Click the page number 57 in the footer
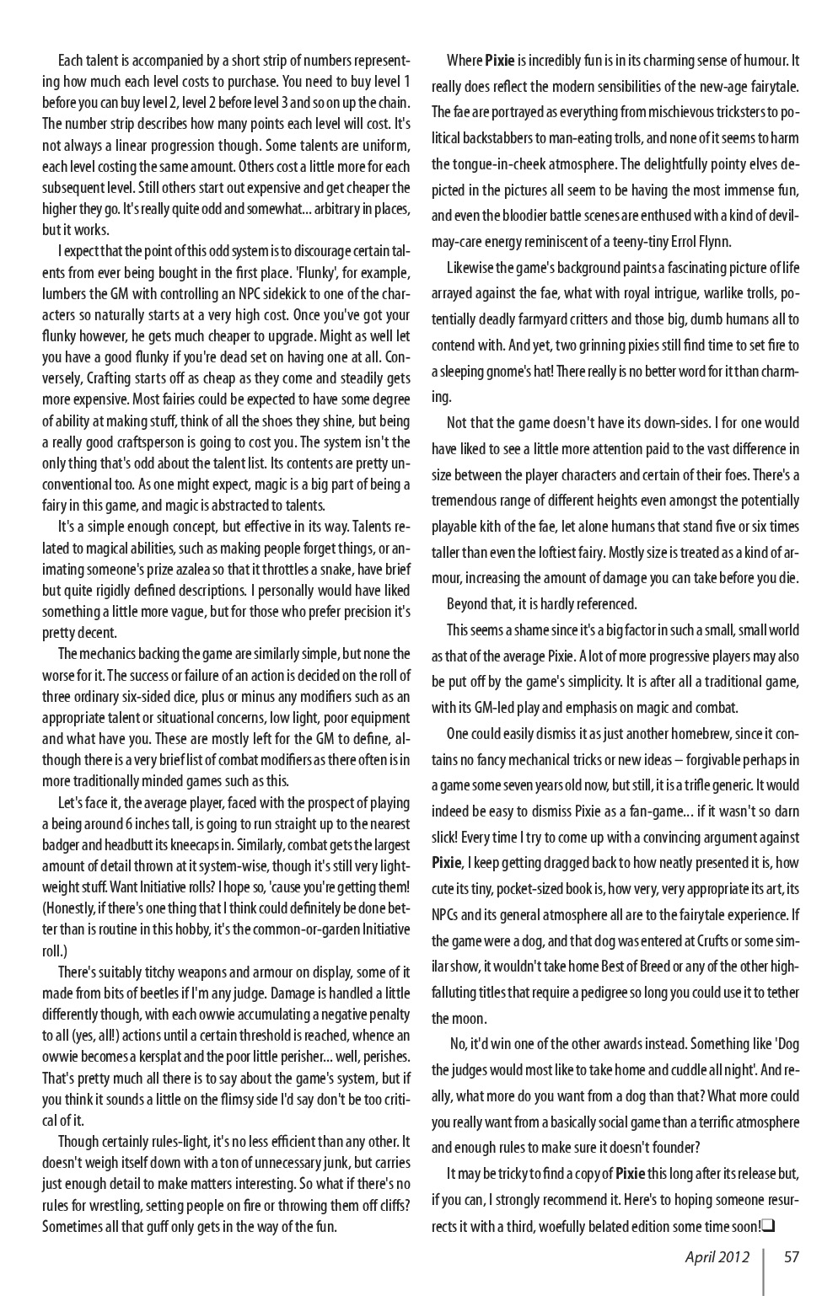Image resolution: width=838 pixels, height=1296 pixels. point(791,1257)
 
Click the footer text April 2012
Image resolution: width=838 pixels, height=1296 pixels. point(717,1257)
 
